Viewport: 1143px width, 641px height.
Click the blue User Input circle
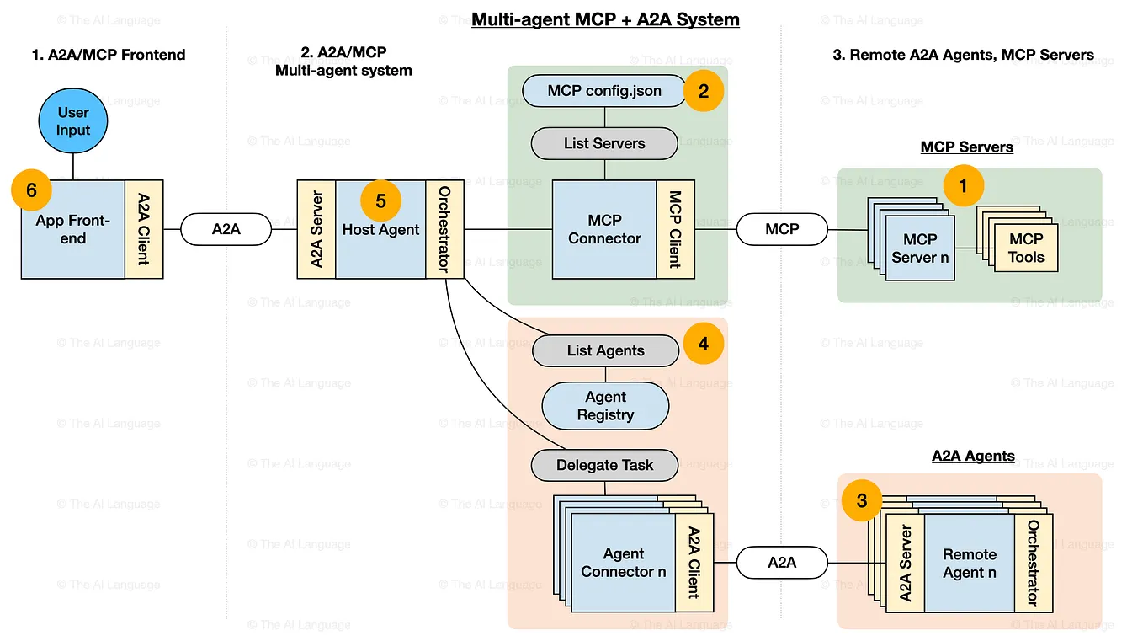pyautogui.click(x=73, y=122)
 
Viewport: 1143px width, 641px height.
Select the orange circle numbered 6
pyautogui.click(x=32, y=190)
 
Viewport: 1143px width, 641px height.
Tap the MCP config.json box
pyautogui.click(x=604, y=91)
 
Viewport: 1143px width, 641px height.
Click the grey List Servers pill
pyautogui.click(x=604, y=143)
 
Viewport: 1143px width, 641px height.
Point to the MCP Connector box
pyautogui.click(x=604, y=229)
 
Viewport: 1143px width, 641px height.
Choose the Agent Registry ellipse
pyautogui.click(x=605, y=406)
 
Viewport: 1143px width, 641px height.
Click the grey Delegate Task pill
pyautogui.click(x=604, y=465)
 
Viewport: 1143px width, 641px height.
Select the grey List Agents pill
pyautogui.click(x=605, y=350)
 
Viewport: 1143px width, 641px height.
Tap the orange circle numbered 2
pyautogui.click(x=704, y=91)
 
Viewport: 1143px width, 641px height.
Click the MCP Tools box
pyautogui.click(x=1026, y=248)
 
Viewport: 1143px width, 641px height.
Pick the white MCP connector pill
pyautogui.click(x=782, y=228)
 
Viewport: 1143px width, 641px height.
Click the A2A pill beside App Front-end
pyautogui.click(x=226, y=228)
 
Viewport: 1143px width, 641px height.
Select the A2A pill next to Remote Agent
pyautogui.click(x=782, y=563)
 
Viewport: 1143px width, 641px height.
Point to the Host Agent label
pyautogui.click(x=380, y=229)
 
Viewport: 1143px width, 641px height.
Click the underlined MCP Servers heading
pyautogui.click(x=966, y=147)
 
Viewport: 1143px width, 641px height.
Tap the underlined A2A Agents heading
pyautogui.click(x=973, y=457)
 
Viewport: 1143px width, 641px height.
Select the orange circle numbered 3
pyautogui.click(x=862, y=500)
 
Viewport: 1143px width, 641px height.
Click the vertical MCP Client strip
pyautogui.click(x=675, y=229)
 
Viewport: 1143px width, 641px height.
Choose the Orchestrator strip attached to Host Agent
pyautogui.click(x=444, y=229)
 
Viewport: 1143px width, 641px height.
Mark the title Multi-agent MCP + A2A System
pyautogui.click(x=604, y=19)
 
